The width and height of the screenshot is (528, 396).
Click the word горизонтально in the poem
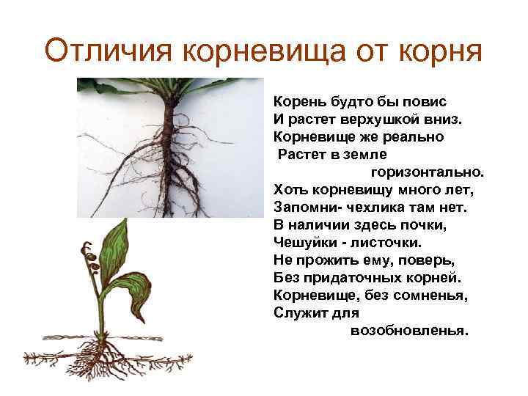(x=428, y=173)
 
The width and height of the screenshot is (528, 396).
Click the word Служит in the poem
(x=300, y=312)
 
